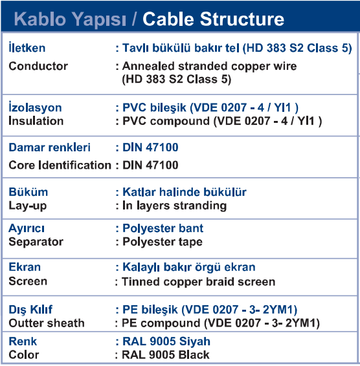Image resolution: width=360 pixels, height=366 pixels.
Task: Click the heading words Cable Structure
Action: [x=213, y=19]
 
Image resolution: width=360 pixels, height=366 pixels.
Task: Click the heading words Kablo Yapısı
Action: [x=70, y=19]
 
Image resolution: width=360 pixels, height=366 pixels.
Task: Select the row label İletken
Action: [x=27, y=47]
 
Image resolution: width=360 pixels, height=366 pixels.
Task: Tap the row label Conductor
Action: [x=38, y=66]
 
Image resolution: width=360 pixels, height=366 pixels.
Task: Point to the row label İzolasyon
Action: [x=35, y=107]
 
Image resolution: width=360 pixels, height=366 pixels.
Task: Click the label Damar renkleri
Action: [x=49, y=147]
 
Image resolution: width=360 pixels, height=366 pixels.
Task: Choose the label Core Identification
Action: [x=60, y=165]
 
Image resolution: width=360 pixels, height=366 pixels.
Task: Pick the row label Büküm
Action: [x=28, y=192]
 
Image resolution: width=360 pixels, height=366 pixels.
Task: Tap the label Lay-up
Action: [x=28, y=206]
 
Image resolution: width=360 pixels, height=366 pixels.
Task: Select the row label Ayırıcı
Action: [x=27, y=228]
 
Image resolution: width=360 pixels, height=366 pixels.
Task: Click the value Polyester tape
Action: [x=163, y=242]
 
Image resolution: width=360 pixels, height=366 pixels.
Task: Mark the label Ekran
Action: [x=25, y=267]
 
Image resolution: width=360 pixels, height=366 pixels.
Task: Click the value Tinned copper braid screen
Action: [x=199, y=282]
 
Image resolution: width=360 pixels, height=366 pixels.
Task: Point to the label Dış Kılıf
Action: [x=30, y=310]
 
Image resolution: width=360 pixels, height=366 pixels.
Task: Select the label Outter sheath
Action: [x=47, y=323]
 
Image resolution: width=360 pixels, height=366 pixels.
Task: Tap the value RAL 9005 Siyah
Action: [x=166, y=341]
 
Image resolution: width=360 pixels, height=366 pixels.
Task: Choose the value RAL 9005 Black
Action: [x=166, y=355]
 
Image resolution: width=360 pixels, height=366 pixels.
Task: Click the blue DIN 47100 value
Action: [x=150, y=147]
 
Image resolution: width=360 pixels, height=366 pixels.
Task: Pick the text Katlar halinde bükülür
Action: [x=185, y=192]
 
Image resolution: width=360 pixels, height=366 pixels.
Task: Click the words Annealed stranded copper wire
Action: [x=209, y=67]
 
